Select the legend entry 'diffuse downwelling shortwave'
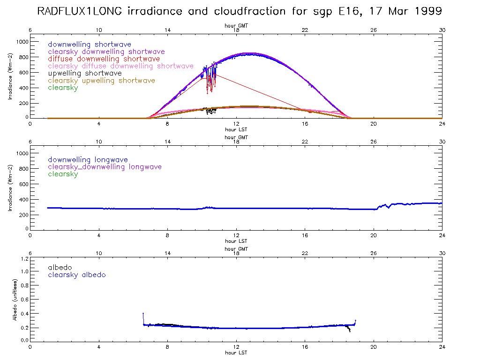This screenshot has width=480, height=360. [104, 59]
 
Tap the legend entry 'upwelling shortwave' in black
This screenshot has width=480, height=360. [85, 73]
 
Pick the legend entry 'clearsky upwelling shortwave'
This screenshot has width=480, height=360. [101, 81]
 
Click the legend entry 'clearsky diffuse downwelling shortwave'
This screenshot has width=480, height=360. [120, 66]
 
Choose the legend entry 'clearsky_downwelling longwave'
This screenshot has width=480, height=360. [105, 167]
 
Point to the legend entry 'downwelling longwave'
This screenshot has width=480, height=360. [88, 160]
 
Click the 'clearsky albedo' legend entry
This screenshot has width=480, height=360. [77, 275]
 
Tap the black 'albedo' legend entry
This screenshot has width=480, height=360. [60, 267]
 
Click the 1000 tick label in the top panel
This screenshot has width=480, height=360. [22, 42]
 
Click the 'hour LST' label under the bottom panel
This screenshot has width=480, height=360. [236, 352]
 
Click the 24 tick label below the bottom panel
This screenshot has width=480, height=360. [442, 347]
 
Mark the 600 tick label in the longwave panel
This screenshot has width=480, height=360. [24, 184]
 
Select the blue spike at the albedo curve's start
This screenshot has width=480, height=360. [143, 314]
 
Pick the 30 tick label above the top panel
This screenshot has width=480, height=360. [442, 30]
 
